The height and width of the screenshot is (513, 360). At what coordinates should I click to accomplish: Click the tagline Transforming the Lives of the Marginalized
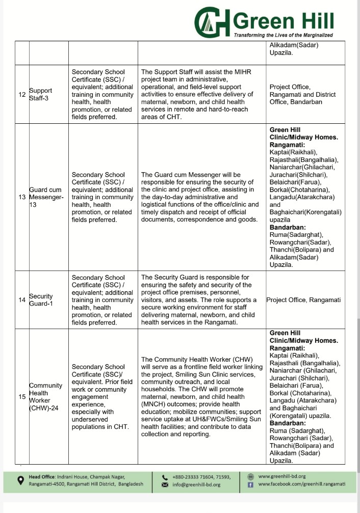click(x=283, y=35)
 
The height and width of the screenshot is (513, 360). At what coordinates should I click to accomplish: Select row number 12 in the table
click(x=22, y=95)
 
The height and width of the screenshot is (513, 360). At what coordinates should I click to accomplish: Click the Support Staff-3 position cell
click(x=40, y=95)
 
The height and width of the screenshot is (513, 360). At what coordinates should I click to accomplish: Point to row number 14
click(x=22, y=300)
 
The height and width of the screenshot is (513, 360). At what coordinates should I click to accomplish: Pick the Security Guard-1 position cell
click(x=41, y=300)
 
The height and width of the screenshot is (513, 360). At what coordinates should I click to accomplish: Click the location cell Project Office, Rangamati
click(x=303, y=300)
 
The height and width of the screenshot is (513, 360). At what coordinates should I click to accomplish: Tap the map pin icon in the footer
click(x=21, y=480)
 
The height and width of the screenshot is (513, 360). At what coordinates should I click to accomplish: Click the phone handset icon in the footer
click(x=165, y=477)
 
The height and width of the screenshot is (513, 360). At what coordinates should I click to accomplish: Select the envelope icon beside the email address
click(x=165, y=484)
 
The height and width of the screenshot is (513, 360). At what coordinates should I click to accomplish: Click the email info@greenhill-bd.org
click(x=197, y=484)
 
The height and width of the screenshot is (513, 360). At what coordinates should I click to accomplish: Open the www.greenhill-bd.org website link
click(x=282, y=476)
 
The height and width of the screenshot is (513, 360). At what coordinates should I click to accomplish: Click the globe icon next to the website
click(x=250, y=476)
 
